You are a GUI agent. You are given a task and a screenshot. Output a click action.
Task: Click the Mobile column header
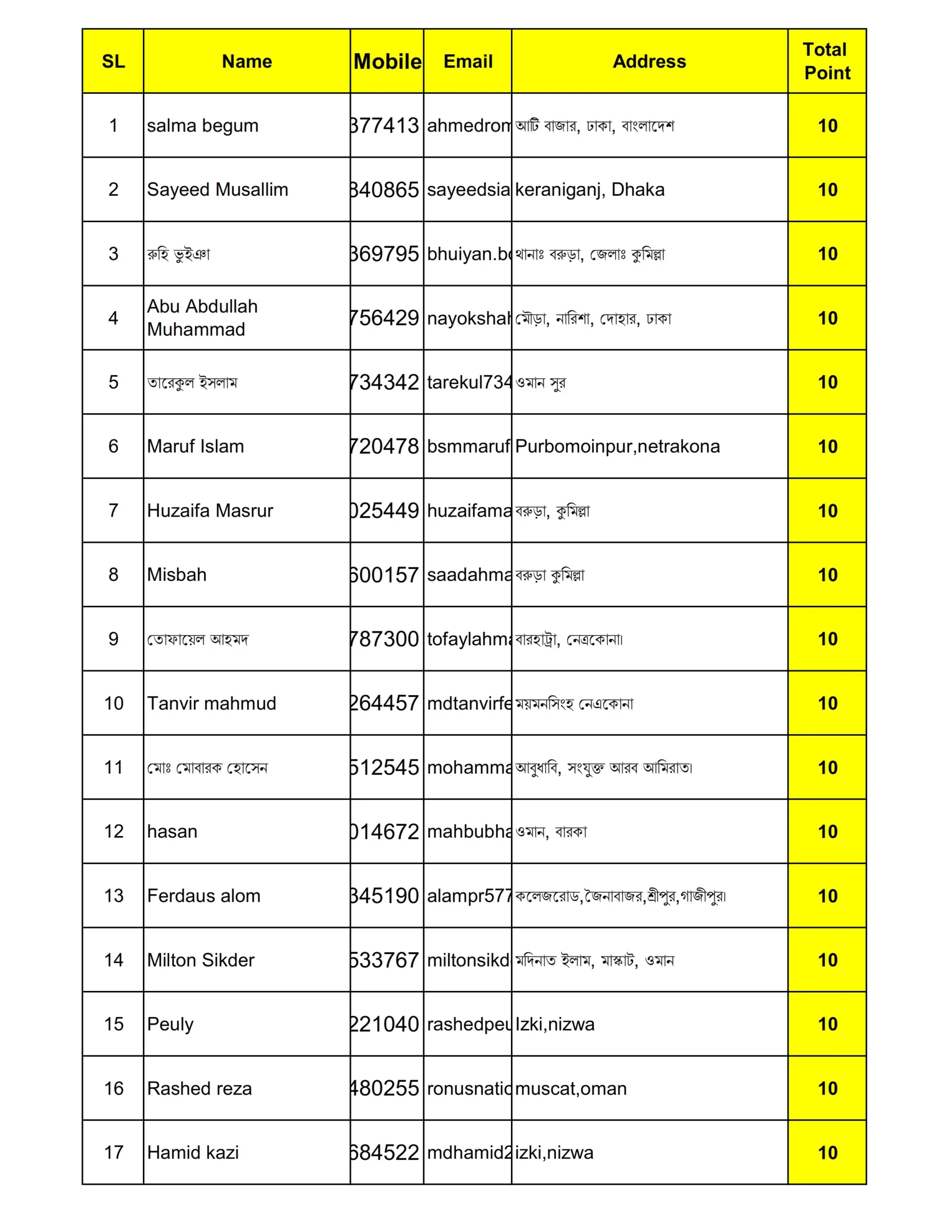387,61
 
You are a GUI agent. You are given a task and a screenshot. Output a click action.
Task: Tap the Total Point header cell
826,61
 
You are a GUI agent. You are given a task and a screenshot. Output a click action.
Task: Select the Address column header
649,61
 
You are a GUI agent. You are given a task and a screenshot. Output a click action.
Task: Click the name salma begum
202,125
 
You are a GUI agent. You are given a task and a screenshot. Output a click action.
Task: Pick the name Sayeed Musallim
217,189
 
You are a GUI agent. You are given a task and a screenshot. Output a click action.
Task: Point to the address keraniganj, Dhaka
590,189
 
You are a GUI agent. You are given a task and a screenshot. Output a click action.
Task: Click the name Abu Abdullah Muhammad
202,318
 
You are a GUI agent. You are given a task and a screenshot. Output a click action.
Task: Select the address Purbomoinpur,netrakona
617,447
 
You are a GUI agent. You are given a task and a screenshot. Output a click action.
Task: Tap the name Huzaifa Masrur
210,510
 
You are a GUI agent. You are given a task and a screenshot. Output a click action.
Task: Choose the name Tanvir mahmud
212,703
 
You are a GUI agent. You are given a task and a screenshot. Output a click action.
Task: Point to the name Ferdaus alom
203,896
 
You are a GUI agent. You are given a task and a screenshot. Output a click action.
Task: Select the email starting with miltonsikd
468,960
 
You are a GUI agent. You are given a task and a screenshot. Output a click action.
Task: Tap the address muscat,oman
570,1088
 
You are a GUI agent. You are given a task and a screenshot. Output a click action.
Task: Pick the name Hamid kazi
193,1153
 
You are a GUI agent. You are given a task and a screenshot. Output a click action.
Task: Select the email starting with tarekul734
468,382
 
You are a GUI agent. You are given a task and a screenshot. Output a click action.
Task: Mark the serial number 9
113,639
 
